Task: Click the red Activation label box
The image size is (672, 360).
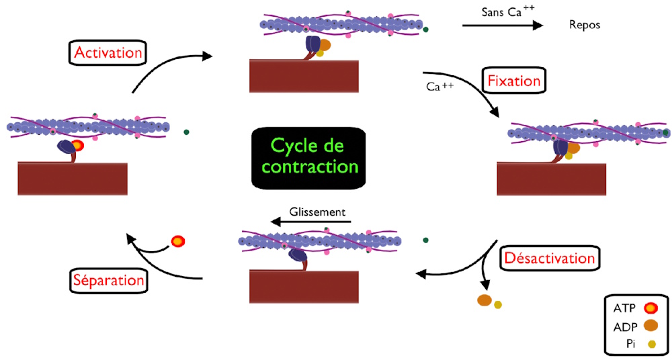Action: click(x=108, y=52)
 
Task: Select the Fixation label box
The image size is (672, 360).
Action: click(x=513, y=81)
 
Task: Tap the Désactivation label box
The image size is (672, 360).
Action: click(x=548, y=258)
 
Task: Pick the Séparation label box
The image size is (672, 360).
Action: click(x=108, y=279)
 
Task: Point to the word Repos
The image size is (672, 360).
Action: click(x=584, y=26)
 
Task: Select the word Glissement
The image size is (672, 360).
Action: click(x=317, y=212)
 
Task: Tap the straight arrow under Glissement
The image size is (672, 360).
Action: click(x=309, y=221)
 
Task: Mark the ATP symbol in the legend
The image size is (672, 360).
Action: click(x=650, y=309)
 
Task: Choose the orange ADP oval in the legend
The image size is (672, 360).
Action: click(x=650, y=327)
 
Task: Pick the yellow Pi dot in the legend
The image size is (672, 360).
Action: click(x=650, y=345)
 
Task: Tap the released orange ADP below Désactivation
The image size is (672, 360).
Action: click(x=485, y=300)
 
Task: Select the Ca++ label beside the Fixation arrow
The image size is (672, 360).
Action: click(x=438, y=87)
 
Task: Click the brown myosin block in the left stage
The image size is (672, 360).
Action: click(x=73, y=179)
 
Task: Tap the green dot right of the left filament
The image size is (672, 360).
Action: click(x=185, y=132)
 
